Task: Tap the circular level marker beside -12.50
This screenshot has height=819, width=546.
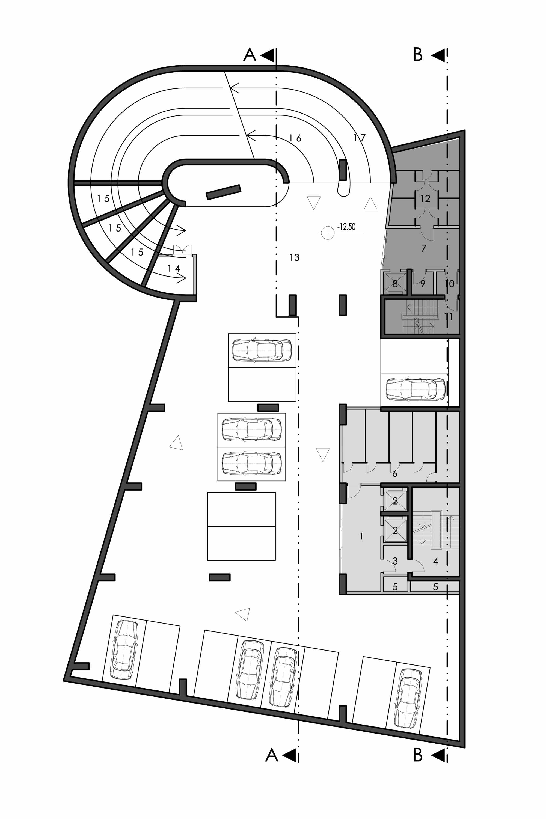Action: coord(327,233)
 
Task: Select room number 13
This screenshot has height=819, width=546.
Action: coord(295,257)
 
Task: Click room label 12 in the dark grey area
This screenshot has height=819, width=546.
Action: coord(425,198)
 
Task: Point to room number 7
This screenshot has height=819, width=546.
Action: coord(423,248)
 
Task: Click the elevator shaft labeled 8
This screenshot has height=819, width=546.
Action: coord(395,282)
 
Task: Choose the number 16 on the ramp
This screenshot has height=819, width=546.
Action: coord(295,138)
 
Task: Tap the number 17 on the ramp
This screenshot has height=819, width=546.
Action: coord(359,138)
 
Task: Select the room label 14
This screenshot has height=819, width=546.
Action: coord(174,268)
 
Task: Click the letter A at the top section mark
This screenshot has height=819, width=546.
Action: coord(249,55)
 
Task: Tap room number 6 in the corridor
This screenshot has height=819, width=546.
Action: coord(394,474)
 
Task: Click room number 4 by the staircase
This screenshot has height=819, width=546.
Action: coord(436,561)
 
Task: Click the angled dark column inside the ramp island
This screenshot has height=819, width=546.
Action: coord(224,192)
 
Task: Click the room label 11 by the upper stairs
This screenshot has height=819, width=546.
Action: coord(449,316)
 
